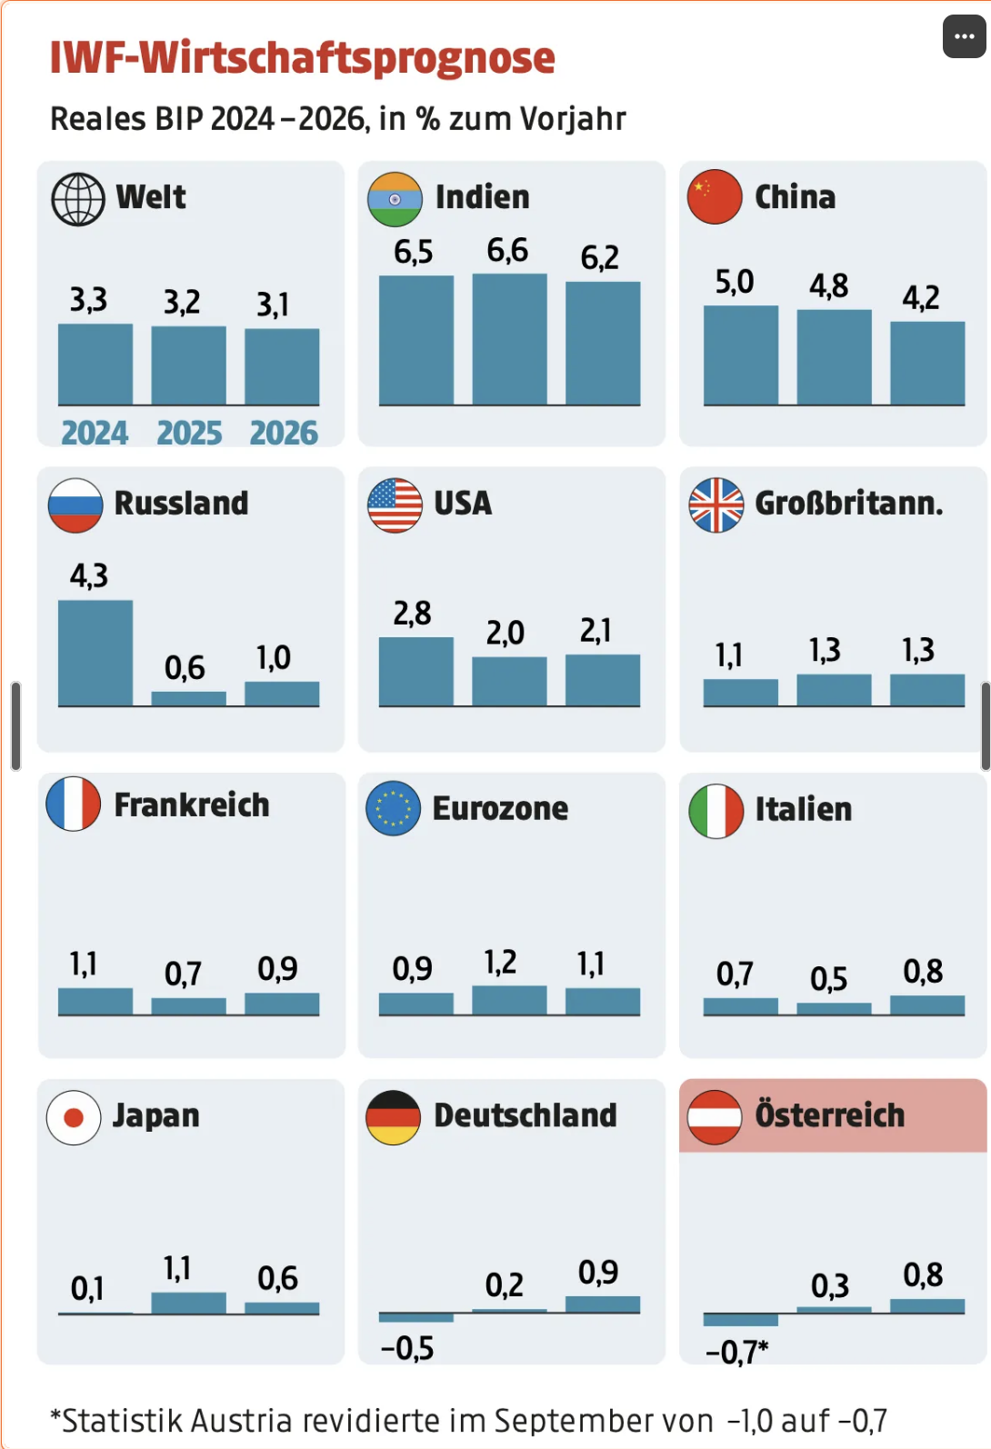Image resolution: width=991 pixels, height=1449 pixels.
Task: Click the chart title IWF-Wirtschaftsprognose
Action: pyautogui.click(x=302, y=58)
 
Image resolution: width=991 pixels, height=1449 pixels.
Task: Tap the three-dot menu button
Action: pyautogui.click(x=964, y=36)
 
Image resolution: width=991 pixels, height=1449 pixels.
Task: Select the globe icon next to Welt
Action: pyautogui.click(x=78, y=199)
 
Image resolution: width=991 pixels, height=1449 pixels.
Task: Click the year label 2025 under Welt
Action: pyautogui.click(x=189, y=433)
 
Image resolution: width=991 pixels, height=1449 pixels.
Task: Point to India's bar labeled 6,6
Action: pyautogui.click(x=509, y=339)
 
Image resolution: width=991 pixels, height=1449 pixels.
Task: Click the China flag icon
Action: pyautogui.click(x=715, y=196)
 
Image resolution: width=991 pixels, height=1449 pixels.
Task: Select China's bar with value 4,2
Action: pyautogui.click(x=926, y=363)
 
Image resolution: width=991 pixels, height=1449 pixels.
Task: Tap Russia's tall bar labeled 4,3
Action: pyautogui.click(x=95, y=652)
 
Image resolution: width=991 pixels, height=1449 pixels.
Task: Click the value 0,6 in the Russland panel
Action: pyautogui.click(x=185, y=668)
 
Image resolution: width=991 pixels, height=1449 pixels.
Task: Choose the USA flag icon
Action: pyautogui.click(x=395, y=505)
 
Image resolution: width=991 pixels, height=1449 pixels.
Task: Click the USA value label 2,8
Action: pyautogui.click(x=412, y=614)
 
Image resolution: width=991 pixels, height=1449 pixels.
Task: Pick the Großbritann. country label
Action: pyautogui.click(x=849, y=503)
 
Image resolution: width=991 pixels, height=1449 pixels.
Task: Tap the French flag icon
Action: pyautogui.click(x=74, y=804)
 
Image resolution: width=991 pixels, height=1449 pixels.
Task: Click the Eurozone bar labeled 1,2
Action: pyautogui.click(x=509, y=999)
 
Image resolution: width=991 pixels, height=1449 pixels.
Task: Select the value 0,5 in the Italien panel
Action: pyautogui.click(x=828, y=979)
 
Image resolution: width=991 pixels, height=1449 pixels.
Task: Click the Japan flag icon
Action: pyautogui.click(x=74, y=1117)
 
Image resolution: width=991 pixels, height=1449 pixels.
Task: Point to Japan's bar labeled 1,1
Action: pyautogui.click(x=188, y=1302)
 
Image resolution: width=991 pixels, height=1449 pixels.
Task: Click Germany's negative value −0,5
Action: pyautogui.click(x=407, y=1348)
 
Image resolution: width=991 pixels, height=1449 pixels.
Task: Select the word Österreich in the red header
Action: pyautogui.click(x=830, y=1115)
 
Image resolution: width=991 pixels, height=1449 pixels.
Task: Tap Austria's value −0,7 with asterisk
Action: pyautogui.click(x=736, y=1352)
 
